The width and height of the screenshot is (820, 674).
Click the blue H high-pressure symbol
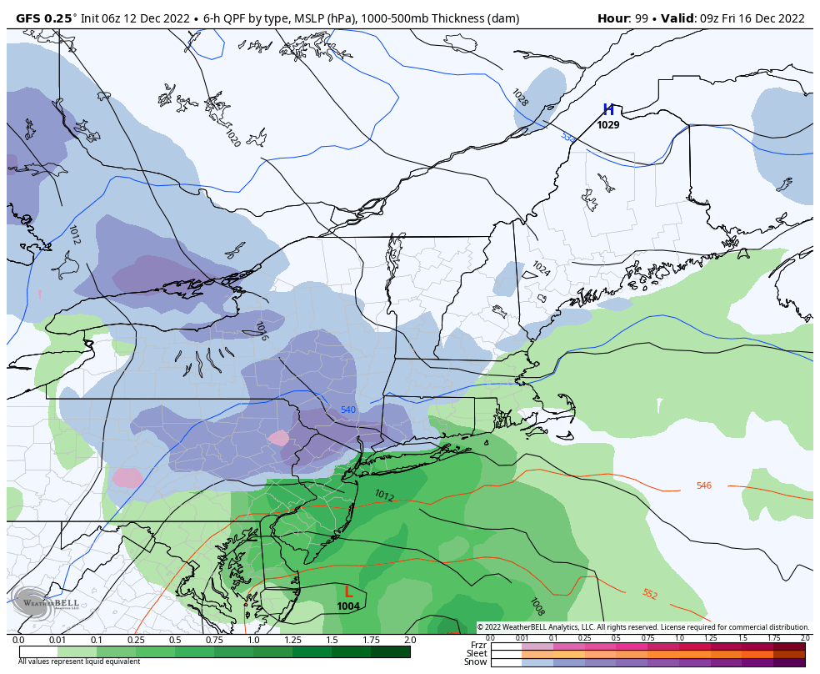[608, 110]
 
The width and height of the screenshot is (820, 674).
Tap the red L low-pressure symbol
[348, 591]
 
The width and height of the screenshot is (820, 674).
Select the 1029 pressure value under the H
[608, 125]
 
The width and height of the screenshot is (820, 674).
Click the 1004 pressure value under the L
[348, 606]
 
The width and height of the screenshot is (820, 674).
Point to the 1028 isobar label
[520, 98]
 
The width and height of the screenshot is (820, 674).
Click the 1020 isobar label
[232, 138]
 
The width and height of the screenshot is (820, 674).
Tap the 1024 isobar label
[541, 269]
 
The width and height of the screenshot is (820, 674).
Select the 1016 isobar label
[261, 331]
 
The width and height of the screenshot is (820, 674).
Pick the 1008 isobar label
[537, 606]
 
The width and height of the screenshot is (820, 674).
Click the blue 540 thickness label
[348, 410]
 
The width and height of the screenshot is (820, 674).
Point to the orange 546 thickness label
[704, 485]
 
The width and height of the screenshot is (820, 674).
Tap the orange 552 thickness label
[649, 594]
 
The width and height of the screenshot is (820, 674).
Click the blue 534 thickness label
[567, 137]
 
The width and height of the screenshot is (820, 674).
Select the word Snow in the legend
[476, 662]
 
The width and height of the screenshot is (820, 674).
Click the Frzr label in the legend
[478, 645]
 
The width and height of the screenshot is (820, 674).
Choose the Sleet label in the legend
[477, 653]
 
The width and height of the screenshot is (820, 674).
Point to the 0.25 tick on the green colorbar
[136, 640]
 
